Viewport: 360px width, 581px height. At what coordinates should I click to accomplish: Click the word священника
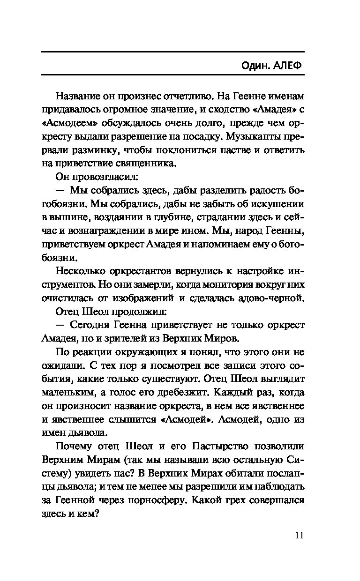click(146, 164)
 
